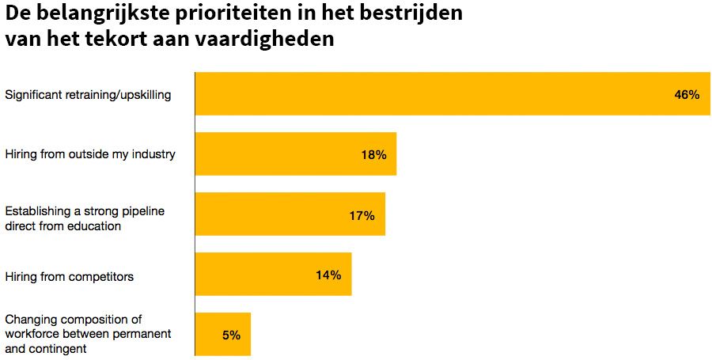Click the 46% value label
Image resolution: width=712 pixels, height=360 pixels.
(x=686, y=95)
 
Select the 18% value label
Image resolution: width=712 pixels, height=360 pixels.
(x=373, y=155)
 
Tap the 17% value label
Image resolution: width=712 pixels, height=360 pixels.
(x=362, y=215)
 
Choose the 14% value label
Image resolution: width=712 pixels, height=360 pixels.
(x=328, y=275)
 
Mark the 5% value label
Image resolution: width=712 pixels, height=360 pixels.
(x=231, y=335)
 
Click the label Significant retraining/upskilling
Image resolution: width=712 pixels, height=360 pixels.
(x=88, y=95)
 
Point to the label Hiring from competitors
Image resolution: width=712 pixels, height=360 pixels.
(x=69, y=276)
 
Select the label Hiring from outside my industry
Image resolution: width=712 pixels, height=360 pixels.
(x=89, y=153)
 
